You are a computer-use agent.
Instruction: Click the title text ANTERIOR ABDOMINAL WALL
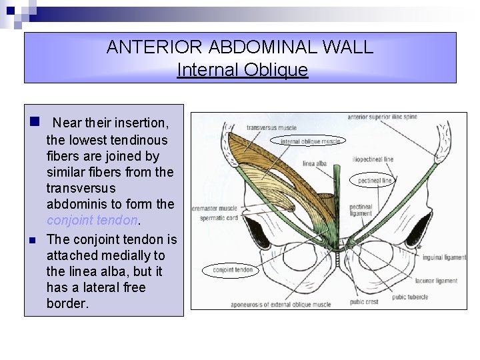[240, 48]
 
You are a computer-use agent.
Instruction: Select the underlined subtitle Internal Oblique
[243, 69]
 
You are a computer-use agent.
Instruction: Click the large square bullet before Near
[31, 123]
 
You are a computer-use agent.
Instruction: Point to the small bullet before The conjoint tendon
[31, 240]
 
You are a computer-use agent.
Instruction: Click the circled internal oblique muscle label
[310, 141]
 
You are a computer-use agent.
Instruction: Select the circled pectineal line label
[374, 180]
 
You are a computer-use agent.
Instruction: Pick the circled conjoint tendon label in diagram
[233, 270]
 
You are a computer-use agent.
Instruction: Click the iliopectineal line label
[373, 159]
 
